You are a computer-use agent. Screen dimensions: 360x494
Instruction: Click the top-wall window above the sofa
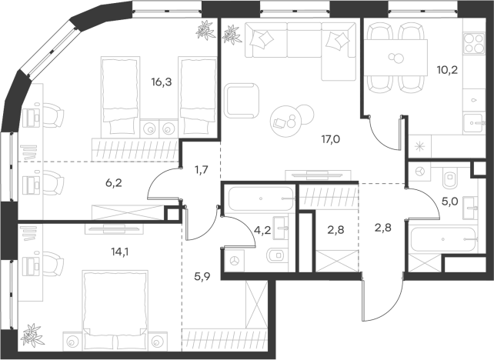295,11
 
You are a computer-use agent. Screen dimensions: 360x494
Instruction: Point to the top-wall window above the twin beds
166,11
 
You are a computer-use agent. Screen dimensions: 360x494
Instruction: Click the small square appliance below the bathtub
235,260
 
